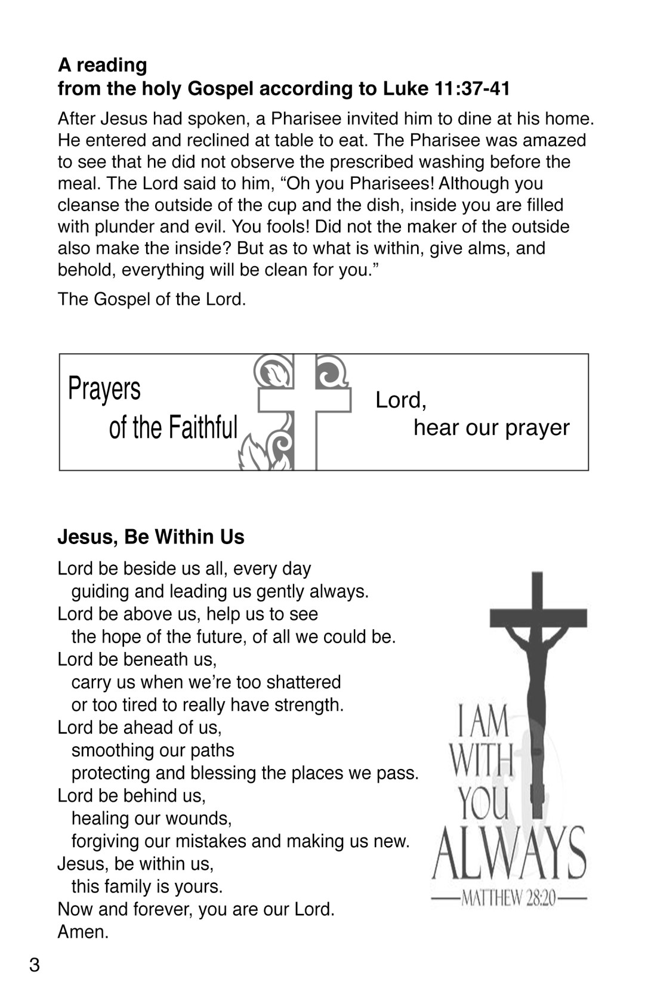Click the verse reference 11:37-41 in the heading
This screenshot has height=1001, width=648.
coord(473,89)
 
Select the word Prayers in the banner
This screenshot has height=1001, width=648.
coord(104,388)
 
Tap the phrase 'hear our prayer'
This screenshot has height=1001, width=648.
coord(491,428)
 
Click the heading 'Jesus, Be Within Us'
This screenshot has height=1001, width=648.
coord(151,537)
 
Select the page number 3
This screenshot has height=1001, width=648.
coord(35,965)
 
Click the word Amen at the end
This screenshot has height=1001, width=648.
coord(83,932)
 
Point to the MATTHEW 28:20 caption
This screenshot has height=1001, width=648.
coord(508,898)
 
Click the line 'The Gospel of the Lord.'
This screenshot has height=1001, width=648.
coord(152,299)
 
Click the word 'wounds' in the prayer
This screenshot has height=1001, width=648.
coord(202,818)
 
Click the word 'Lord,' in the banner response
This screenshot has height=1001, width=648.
coord(400,400)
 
